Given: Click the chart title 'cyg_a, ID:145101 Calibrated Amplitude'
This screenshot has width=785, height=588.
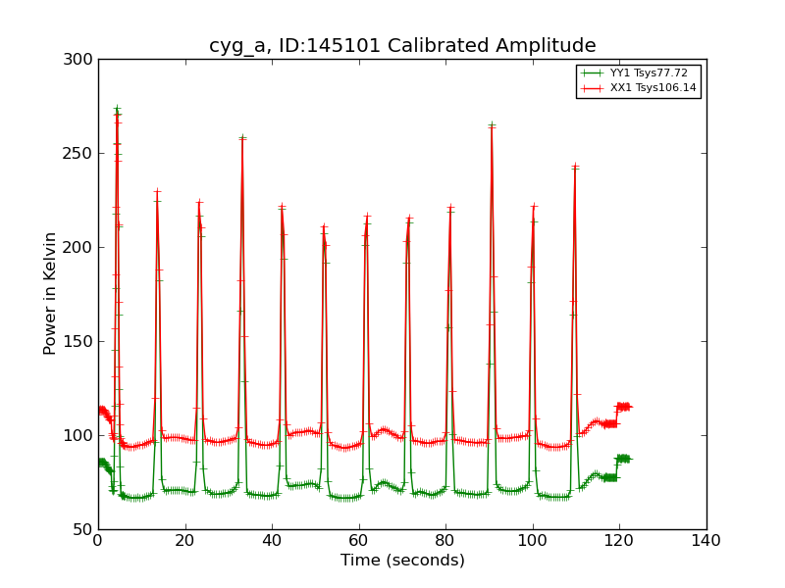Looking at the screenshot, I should [402, 45].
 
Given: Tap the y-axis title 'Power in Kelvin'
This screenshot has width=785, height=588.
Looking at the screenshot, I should [50, 293].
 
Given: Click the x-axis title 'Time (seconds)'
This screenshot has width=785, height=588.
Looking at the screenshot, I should [402, 561].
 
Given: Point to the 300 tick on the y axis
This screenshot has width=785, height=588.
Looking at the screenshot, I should [81, 60].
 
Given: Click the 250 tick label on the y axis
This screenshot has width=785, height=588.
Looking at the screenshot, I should [81, 154].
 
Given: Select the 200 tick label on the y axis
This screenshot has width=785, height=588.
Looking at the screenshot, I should [81, 248].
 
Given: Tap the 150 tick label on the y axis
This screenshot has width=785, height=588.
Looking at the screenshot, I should [81, 342].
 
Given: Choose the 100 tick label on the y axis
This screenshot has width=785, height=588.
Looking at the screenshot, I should [81, 436].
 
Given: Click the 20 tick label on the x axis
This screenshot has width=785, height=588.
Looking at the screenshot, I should [185, 540].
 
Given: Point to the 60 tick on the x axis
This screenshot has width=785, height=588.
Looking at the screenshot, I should [359, 540].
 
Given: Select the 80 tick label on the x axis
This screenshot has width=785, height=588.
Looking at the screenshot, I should [445, 540].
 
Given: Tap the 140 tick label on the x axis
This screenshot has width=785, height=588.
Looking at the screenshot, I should [706, 540].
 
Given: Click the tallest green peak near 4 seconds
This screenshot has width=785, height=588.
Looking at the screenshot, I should [117, 109].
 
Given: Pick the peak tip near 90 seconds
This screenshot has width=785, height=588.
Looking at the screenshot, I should [492, 125].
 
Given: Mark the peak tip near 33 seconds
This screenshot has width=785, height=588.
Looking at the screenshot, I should [242, 138].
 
